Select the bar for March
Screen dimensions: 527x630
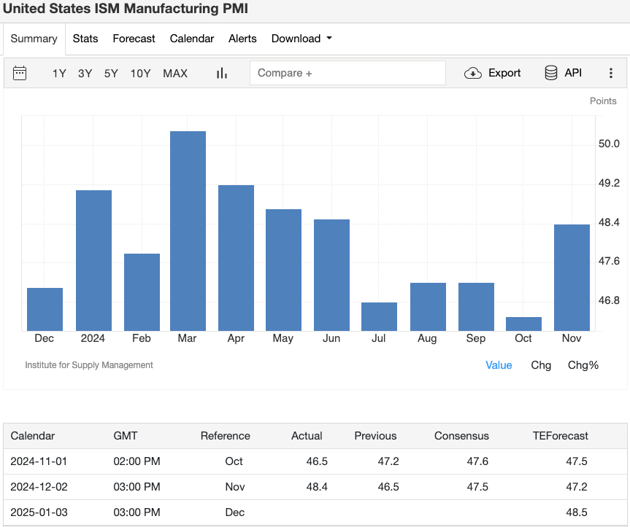tap(188, 230)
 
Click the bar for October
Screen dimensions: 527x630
tap(523, 324)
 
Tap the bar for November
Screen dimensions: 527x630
tap(572, 277)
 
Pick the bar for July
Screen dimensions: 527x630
tap(379, 316)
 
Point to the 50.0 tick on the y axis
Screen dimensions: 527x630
tap(609, 144)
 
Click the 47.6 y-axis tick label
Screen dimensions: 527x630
tap(609, 261)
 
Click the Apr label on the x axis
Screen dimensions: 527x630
tap(236, 338)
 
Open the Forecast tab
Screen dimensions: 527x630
tap(134, 39)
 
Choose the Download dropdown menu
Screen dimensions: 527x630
tap(301, 39)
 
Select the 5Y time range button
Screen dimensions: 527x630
tap(111, 73)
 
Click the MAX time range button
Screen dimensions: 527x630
tap(175, 73)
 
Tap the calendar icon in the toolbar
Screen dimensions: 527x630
tap(20, 73)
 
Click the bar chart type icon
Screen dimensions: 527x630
tap(222, 73)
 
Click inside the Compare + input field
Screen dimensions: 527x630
tap(347, 73)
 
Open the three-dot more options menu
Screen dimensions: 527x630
tap(611, 73)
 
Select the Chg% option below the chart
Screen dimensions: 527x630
tap(583, 365)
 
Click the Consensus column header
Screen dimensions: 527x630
tap(461, 436)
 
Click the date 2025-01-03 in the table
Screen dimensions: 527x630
tap(39, 512)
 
